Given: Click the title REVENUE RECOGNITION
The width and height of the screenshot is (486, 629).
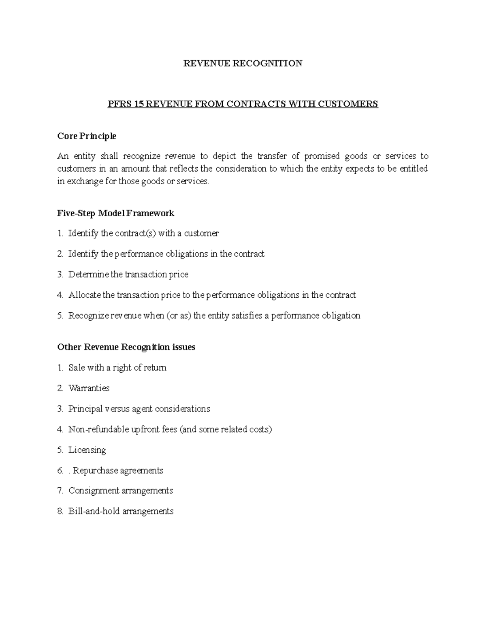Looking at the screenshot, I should coord(243,63).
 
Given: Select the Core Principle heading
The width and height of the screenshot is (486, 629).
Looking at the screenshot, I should coord(87,136).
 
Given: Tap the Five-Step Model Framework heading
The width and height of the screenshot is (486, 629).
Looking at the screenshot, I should coord(115,213).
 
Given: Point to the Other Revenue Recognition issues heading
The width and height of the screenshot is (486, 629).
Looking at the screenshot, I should coord(126,347).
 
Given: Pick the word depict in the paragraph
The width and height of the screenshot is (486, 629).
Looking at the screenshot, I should coord(224,156).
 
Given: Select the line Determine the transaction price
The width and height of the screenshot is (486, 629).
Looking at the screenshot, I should coord(128,275).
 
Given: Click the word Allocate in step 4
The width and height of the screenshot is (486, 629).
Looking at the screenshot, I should coord(84,295).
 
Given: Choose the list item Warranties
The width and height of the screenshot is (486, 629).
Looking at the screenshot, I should coord(89,388).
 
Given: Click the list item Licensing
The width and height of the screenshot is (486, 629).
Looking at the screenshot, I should coord(87,450).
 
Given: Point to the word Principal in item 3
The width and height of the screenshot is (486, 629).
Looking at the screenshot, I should coord(85,409).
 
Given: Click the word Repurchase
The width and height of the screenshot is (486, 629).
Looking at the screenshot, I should coord(94,471).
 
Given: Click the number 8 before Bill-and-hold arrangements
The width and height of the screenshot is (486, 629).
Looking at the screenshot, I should coord(60,512).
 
